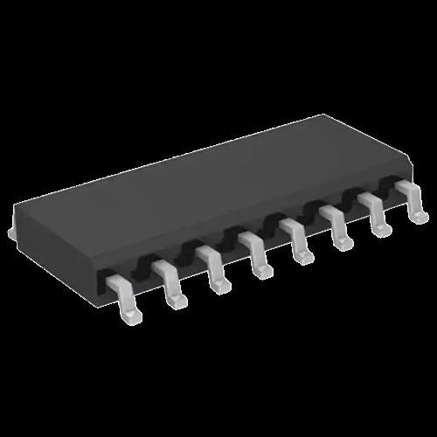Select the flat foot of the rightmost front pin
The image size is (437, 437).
click(420, 214)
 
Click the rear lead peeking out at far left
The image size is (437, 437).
click(11, 232)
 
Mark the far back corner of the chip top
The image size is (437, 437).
click(327, 115)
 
